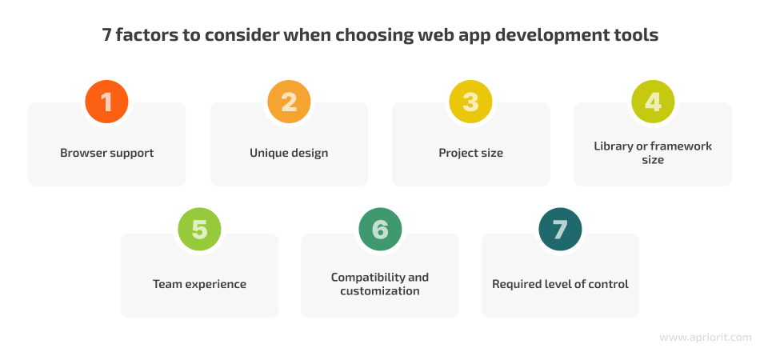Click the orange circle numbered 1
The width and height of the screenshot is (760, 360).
coord(106,102)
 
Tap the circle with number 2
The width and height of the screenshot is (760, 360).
coord(289,102)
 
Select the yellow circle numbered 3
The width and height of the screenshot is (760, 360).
coord(470,102)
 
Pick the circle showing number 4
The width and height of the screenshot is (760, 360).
coord(653,102)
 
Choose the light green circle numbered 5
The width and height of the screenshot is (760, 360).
coord(199,229)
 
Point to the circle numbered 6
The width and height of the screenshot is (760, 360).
coord(380,229)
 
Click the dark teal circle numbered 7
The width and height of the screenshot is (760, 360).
coord(560,229)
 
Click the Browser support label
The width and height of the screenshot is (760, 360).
coord(106,153)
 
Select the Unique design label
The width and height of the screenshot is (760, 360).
coord(289,153)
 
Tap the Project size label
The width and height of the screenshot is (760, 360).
coord(470,153)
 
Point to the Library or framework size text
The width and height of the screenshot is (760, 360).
coord(653,153)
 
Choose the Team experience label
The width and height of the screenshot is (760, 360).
coord(199,284)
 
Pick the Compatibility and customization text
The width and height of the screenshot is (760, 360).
coord(380,284)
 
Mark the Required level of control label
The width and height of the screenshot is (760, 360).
coord(560,284)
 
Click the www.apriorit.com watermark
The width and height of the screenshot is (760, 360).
coord(706,338)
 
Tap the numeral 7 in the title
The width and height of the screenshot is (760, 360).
coord(106,35)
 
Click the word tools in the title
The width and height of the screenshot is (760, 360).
coord(639,35)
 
